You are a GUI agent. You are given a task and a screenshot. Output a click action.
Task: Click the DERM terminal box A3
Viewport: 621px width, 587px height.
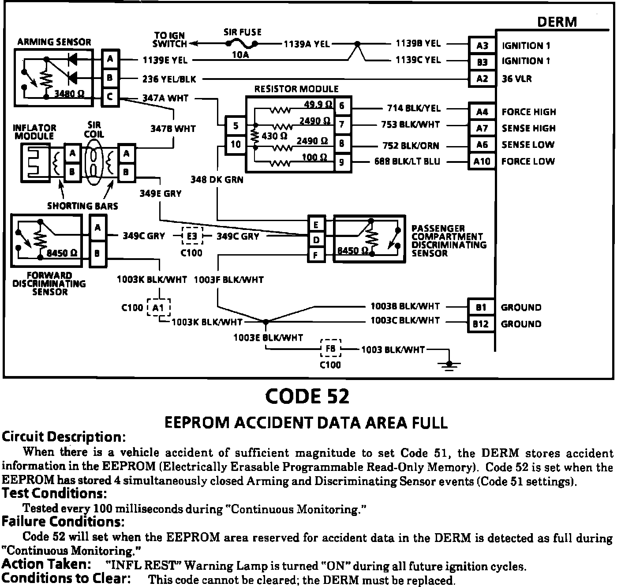click(x=482, y=45)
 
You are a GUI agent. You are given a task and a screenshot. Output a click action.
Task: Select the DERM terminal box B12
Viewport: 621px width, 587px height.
click(x=481, y=324)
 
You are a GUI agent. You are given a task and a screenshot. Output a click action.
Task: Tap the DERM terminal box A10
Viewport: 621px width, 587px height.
click(x=482, y=162)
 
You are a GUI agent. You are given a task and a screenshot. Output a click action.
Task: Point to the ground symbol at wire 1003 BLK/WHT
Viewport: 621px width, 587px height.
click(x=449, y=365)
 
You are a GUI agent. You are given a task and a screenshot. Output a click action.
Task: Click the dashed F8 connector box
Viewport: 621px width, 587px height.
click(x=330, y=349)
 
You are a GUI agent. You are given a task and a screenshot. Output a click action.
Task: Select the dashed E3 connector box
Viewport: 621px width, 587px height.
click(x=192, y=236)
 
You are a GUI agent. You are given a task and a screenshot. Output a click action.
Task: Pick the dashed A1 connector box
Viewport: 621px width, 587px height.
click(x=159, y=308)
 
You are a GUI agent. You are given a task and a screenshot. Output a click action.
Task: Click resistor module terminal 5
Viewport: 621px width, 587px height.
click(x=236, y=126)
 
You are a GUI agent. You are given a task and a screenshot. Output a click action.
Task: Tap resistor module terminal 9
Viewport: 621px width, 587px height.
click(x=341, y=162)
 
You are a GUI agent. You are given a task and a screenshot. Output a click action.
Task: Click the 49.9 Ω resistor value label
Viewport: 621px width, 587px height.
click(x=318, y=105)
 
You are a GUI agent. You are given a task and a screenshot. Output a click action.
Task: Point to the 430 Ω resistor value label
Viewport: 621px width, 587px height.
click(x=274, y=136)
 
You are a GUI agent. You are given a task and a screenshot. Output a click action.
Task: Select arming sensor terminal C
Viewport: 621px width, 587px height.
click(x=110, y=97)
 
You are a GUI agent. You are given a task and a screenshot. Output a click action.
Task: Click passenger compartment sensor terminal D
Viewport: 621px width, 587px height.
click(x=316, y=240)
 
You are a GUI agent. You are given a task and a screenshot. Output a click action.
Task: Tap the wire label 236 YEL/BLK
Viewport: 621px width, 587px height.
click(x=169, y=79)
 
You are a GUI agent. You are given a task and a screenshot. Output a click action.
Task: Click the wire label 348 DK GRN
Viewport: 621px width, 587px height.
click(x=217, y=180)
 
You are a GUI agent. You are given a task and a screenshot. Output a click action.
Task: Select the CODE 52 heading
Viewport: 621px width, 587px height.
click(x=307, y=396)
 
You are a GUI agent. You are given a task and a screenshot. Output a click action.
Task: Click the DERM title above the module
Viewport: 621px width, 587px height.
click(x=557, y=22)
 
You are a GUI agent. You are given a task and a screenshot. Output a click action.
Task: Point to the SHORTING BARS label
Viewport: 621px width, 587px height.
click(x=82, y=206)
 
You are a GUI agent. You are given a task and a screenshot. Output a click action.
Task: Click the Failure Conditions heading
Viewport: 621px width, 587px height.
click(x=63, y=522)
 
